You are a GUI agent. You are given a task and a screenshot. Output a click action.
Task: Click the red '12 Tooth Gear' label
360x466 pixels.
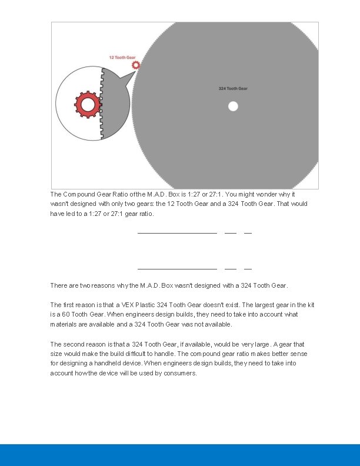(122, 58)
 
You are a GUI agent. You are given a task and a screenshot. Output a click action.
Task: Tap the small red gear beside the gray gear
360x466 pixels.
(136, 65)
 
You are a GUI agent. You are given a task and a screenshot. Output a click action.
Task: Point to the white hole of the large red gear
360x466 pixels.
(88, 105)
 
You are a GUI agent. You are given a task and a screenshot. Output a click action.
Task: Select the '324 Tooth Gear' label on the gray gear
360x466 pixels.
(233, 89)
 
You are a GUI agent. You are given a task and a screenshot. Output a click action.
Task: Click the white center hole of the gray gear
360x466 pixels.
(233, 106)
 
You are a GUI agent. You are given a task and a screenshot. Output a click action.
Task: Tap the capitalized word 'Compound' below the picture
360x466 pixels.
(79, 194)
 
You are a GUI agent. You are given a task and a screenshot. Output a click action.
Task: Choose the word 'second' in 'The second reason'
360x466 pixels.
(75, 344)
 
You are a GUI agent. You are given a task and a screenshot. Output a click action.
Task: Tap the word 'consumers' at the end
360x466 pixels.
(179, 374)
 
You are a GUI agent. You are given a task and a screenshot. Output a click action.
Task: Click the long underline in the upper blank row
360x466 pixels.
(177, 234)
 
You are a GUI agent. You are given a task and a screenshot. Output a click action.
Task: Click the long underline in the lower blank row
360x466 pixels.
(177, 269)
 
